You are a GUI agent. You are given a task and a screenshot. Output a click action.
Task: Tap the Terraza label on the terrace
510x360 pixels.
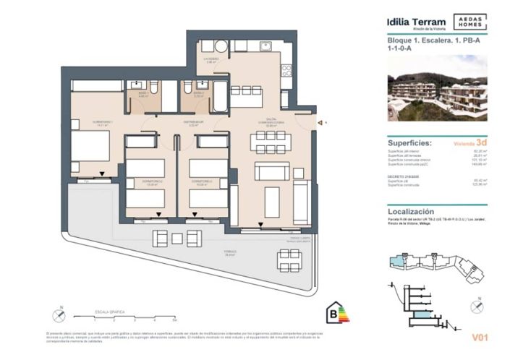[x=210, y=254]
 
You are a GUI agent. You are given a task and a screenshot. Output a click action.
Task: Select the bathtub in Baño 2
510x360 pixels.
[x=218, y=95]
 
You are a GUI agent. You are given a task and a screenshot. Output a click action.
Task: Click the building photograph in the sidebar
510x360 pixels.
[x=437, y=87]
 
